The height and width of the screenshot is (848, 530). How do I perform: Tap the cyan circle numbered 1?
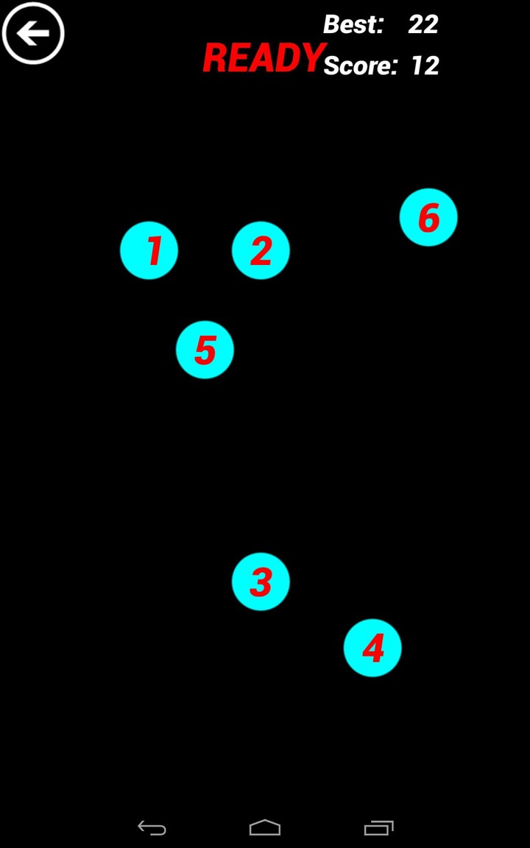coord(149,250)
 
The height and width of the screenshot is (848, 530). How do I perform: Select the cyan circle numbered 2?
coord(261,250)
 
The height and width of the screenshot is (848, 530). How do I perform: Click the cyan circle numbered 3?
coord(261,582)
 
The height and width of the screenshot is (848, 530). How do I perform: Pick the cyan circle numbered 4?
coord(372,648)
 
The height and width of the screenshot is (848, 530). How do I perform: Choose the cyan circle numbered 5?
coord(205,350)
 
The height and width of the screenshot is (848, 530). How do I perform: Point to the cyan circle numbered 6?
coord(428,217)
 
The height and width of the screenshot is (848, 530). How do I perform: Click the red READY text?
coord(264,58)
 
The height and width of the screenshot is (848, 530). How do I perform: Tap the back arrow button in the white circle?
coord(33,33)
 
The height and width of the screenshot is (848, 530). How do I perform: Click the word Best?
coord(353,24)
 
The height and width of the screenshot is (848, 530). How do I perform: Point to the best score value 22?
coord(423,24)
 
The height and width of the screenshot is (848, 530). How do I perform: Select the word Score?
coord(360,66)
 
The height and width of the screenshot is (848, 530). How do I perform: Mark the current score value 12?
coord(425,66)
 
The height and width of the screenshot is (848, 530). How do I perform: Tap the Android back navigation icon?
coord(152,828)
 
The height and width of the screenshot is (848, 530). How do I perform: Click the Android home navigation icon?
coord(265,828)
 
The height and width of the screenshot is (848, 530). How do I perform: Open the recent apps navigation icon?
coord(378,828)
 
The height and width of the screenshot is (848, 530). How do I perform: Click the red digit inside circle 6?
coord(428,218)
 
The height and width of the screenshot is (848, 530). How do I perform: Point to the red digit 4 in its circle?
coord(373,649)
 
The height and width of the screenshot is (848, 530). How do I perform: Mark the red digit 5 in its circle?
coord(205,350)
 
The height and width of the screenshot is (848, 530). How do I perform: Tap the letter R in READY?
coord(215,58)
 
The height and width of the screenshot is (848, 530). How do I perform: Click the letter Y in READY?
coord(314,58)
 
